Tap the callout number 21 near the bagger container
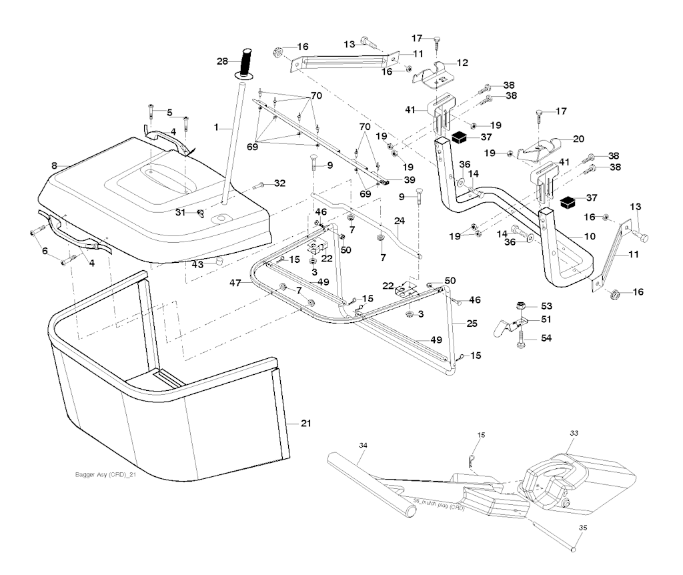tap(306, 423)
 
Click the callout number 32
tap(279, 183)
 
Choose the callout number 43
tap(197, 264)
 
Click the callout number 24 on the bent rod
tap(399, 221)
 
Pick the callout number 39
tap(409, 179)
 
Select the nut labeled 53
tap(521, 306)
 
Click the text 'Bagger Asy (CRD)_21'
tap(107, 475)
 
